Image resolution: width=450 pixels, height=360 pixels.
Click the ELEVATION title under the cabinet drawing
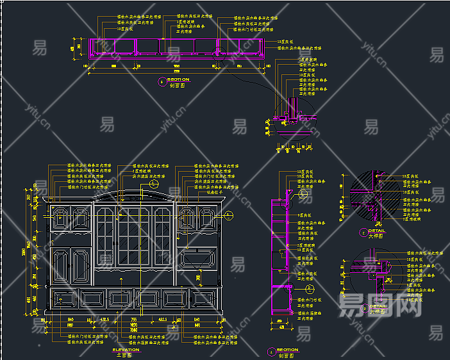[x=126, y=350]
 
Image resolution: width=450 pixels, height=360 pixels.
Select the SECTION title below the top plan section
[x=178, y=79]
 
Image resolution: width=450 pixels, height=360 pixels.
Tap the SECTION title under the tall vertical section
[x=288, y=350]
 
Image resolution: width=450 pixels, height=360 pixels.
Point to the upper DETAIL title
[x=378, y=231]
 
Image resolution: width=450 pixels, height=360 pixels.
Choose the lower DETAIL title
[x=378, y=306]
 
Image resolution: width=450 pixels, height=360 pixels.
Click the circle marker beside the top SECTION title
[x=162, y=81]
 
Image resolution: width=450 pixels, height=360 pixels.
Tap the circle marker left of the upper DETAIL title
[x=363, y=233]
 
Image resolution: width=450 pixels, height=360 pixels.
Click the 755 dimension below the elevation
[x=134, y=318]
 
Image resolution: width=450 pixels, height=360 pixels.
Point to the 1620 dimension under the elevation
[x=134, y=325]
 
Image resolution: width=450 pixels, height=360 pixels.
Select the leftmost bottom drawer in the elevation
[x=63, y=297]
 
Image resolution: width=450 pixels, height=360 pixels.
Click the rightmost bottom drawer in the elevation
[x=204, y=297]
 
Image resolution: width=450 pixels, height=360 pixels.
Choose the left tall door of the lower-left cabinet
[x=60, y=265]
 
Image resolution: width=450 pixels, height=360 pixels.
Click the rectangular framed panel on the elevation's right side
[x=199, y=259]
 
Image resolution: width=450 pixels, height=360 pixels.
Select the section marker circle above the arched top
[x=154, y=184]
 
